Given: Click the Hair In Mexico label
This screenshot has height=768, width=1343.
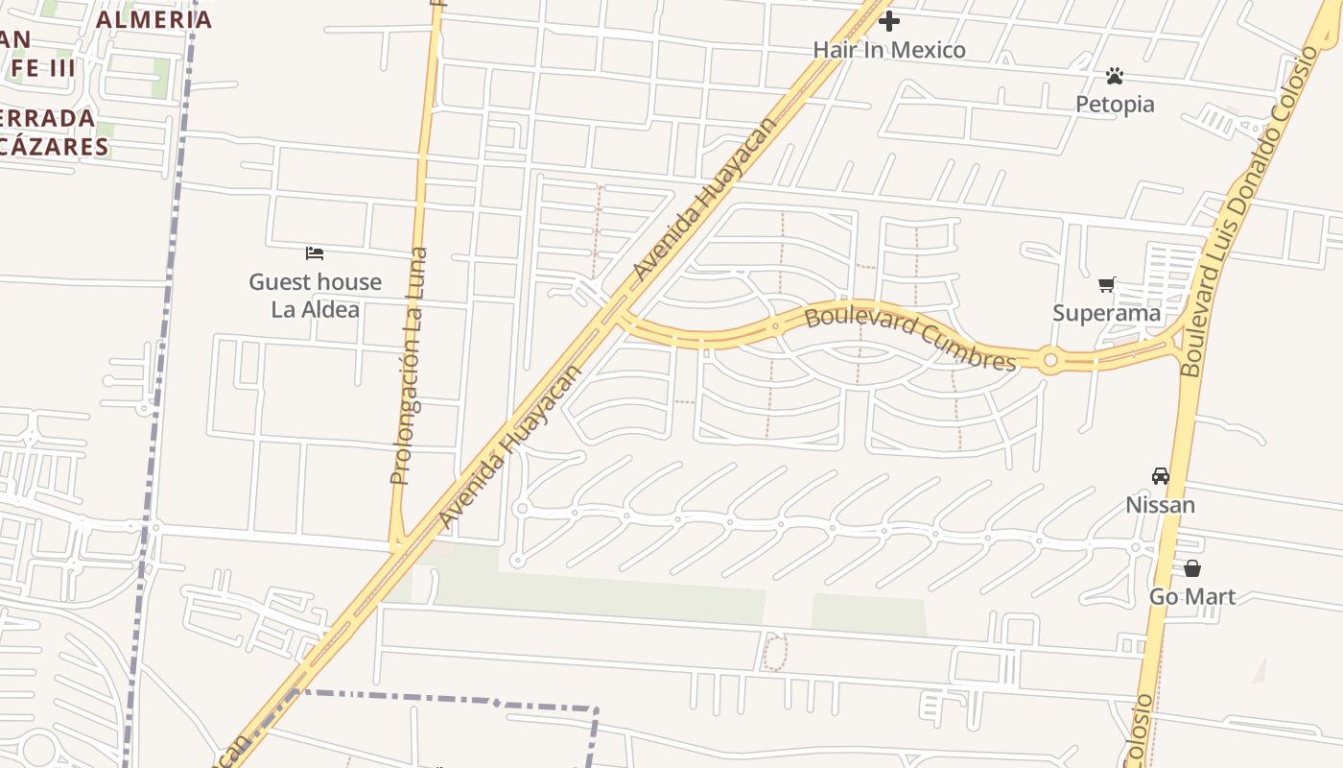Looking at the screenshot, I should coord(889,50).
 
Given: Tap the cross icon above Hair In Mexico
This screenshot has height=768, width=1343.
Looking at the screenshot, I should coord(889,20).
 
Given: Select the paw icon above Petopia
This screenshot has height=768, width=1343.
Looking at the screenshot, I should coord(1114,75).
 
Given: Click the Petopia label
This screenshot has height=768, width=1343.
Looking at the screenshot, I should coord(1115,104).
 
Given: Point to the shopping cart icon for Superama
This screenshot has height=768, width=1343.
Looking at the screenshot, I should coord(1107,284).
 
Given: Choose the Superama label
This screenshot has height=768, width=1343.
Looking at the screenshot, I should coord(1106,313).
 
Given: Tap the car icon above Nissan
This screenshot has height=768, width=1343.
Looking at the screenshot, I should coord(1161,476).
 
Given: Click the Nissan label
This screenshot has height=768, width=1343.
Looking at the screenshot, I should coord(1160,505).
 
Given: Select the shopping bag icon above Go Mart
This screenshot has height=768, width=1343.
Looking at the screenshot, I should coord(1192,568).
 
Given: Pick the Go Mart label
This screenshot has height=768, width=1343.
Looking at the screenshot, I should coord(1192,597).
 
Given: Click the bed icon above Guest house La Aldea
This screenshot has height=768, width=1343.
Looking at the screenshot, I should coord(315,253).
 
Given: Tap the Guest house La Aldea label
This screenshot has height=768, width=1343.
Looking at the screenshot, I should coord(315,296).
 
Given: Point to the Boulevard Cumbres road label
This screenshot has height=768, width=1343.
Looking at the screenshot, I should coord(909,338).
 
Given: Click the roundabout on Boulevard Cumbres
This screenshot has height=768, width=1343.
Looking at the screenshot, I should coord(1050,361).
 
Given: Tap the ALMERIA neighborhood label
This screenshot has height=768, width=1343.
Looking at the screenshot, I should coord(153,19).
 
